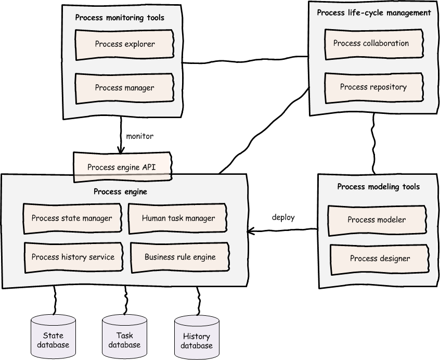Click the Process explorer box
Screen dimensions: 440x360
[x=125, y=45]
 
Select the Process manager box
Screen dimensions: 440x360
[x=125, y=88]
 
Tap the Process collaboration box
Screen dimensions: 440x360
[x=374, y=44]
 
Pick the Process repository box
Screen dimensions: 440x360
[x=374, y=88]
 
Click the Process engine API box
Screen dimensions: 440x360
[x=122, y=167]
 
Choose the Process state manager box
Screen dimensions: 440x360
[x=72, y=218]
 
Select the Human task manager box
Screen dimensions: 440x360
[x=178, y=218]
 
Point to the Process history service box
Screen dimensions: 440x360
[x=73, y=258]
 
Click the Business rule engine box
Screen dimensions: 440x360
[x=180, y=258]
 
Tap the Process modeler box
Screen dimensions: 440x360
[x=377, y=221]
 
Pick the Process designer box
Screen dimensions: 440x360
[x=380, y=260]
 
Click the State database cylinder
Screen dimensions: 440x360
[x=53, y=337]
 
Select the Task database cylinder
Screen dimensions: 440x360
[x=125, y=337]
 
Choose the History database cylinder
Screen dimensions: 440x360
[x=197, y=337]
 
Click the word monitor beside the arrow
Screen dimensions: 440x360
[x=140, y=136]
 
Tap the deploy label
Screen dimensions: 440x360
[x=283, y=217]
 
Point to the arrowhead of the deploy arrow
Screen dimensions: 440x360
[x=249, y=232]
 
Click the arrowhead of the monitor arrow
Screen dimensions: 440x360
[x=121, y=151]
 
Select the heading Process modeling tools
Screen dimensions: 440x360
[x=378, y=187]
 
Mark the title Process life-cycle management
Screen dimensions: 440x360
[x=374, y=13]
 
